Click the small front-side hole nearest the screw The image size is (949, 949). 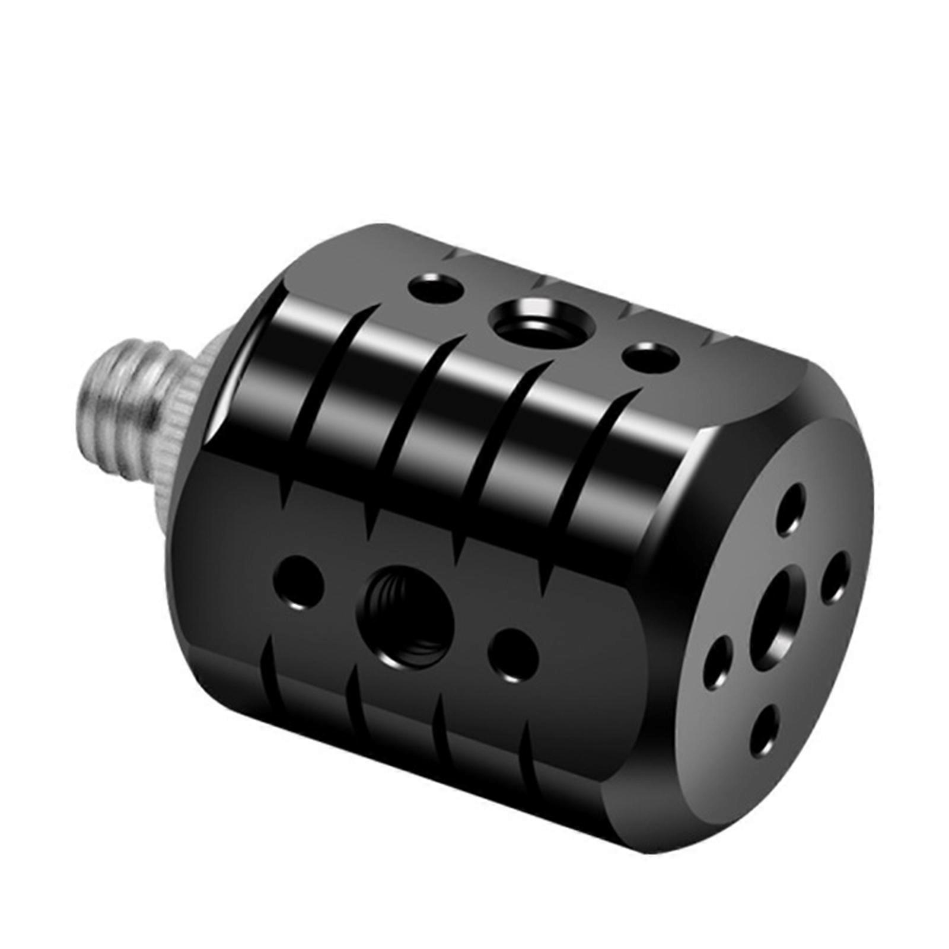299,581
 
